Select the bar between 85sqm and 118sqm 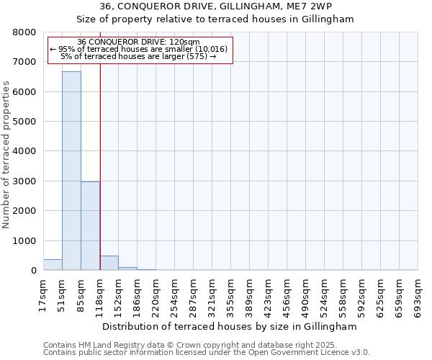tap(90, 225)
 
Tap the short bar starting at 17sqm tap(53, 264)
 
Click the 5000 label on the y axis tap(24, 122)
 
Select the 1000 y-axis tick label tap(24, 241)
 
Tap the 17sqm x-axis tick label tap(43, 294)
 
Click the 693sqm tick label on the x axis tap(418, 294)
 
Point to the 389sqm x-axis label tap(249, 294)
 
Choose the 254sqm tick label tap(174, 294)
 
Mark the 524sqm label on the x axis tap(324, 294)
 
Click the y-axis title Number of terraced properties tap(6, 155)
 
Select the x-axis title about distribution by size tap(230, 326)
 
